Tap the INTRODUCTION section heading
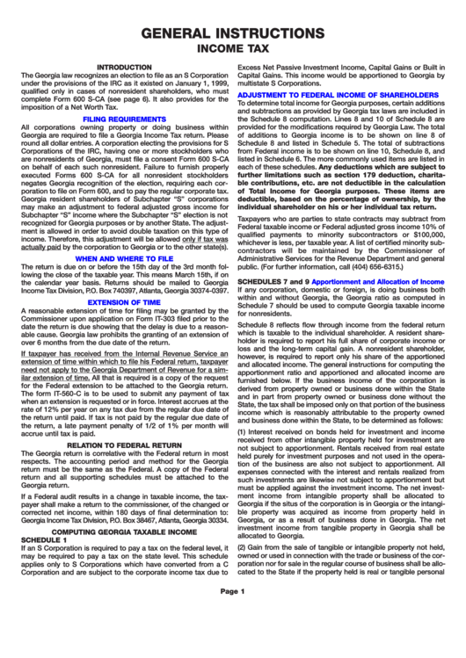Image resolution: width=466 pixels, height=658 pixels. tap(124, 68)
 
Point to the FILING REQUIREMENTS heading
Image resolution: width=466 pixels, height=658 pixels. tap(124, 118)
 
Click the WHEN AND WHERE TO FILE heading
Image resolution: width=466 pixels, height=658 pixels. tap(124, 234)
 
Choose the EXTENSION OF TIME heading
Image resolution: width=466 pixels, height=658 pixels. tap(124, 277)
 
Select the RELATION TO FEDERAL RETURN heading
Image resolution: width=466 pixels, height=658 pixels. tap(124, 420)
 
